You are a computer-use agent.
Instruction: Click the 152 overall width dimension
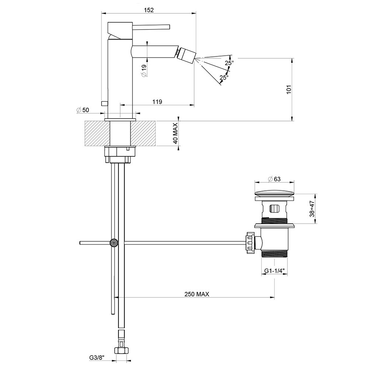[x=149, y=10]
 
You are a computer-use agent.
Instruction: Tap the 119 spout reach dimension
[x=157, y=102]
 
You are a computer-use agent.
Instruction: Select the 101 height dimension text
[x=289, y=90]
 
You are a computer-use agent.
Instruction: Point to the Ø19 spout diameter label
[x=144, y=70]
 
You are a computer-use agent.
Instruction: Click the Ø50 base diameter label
[x=83, y=110]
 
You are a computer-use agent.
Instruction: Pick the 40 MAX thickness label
[x=175, y=134]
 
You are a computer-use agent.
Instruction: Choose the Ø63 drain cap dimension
[x=275, y=179]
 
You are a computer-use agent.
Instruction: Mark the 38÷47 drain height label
[x=312, y=209]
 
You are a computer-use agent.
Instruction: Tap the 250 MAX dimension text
[x=197, y=294]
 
